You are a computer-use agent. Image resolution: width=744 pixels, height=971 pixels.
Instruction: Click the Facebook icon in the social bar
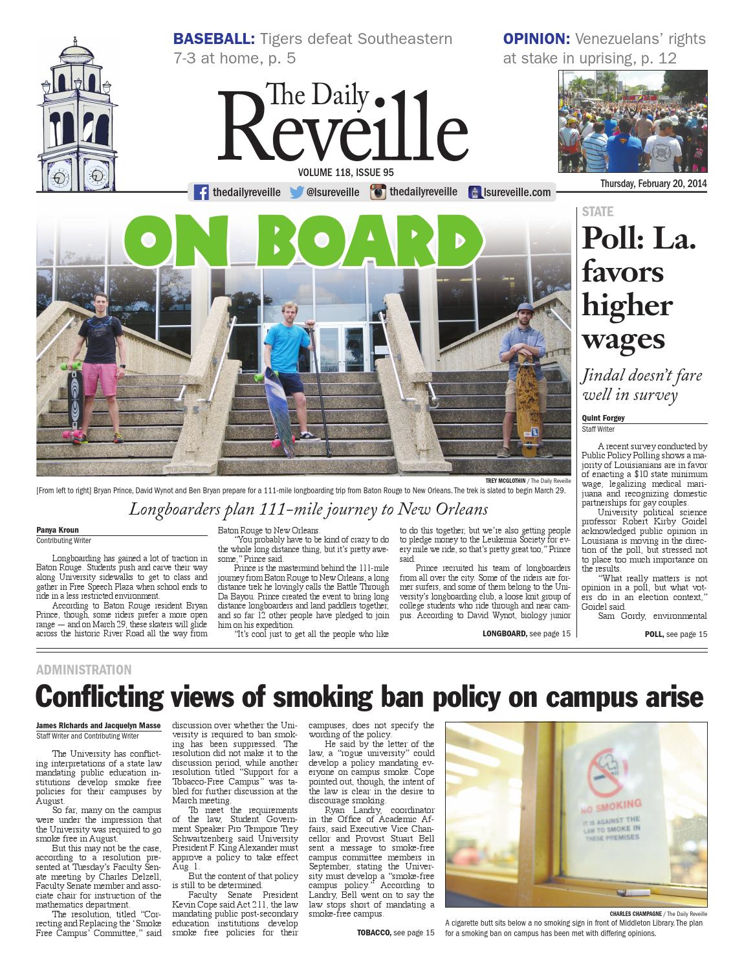pos(201,192)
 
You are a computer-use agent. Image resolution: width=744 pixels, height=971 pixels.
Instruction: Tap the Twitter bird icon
pos(296,192)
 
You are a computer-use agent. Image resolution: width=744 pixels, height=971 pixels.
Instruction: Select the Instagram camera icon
pos(378,192)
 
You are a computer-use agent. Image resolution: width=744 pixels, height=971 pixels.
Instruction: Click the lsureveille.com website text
pos(519,192)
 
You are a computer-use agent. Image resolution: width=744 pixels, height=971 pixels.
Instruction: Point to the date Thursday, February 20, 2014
pos(653,184)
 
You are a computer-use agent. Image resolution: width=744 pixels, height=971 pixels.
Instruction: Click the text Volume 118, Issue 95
pos(345,172)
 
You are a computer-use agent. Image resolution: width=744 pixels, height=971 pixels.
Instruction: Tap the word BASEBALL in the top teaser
pos(213,39)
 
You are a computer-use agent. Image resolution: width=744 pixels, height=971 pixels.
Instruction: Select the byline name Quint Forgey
pos(603,418)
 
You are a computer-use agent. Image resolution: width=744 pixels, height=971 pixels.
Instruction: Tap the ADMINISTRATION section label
pos(83,670)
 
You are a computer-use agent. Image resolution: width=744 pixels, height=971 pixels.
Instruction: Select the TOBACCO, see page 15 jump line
pos(395,932)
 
